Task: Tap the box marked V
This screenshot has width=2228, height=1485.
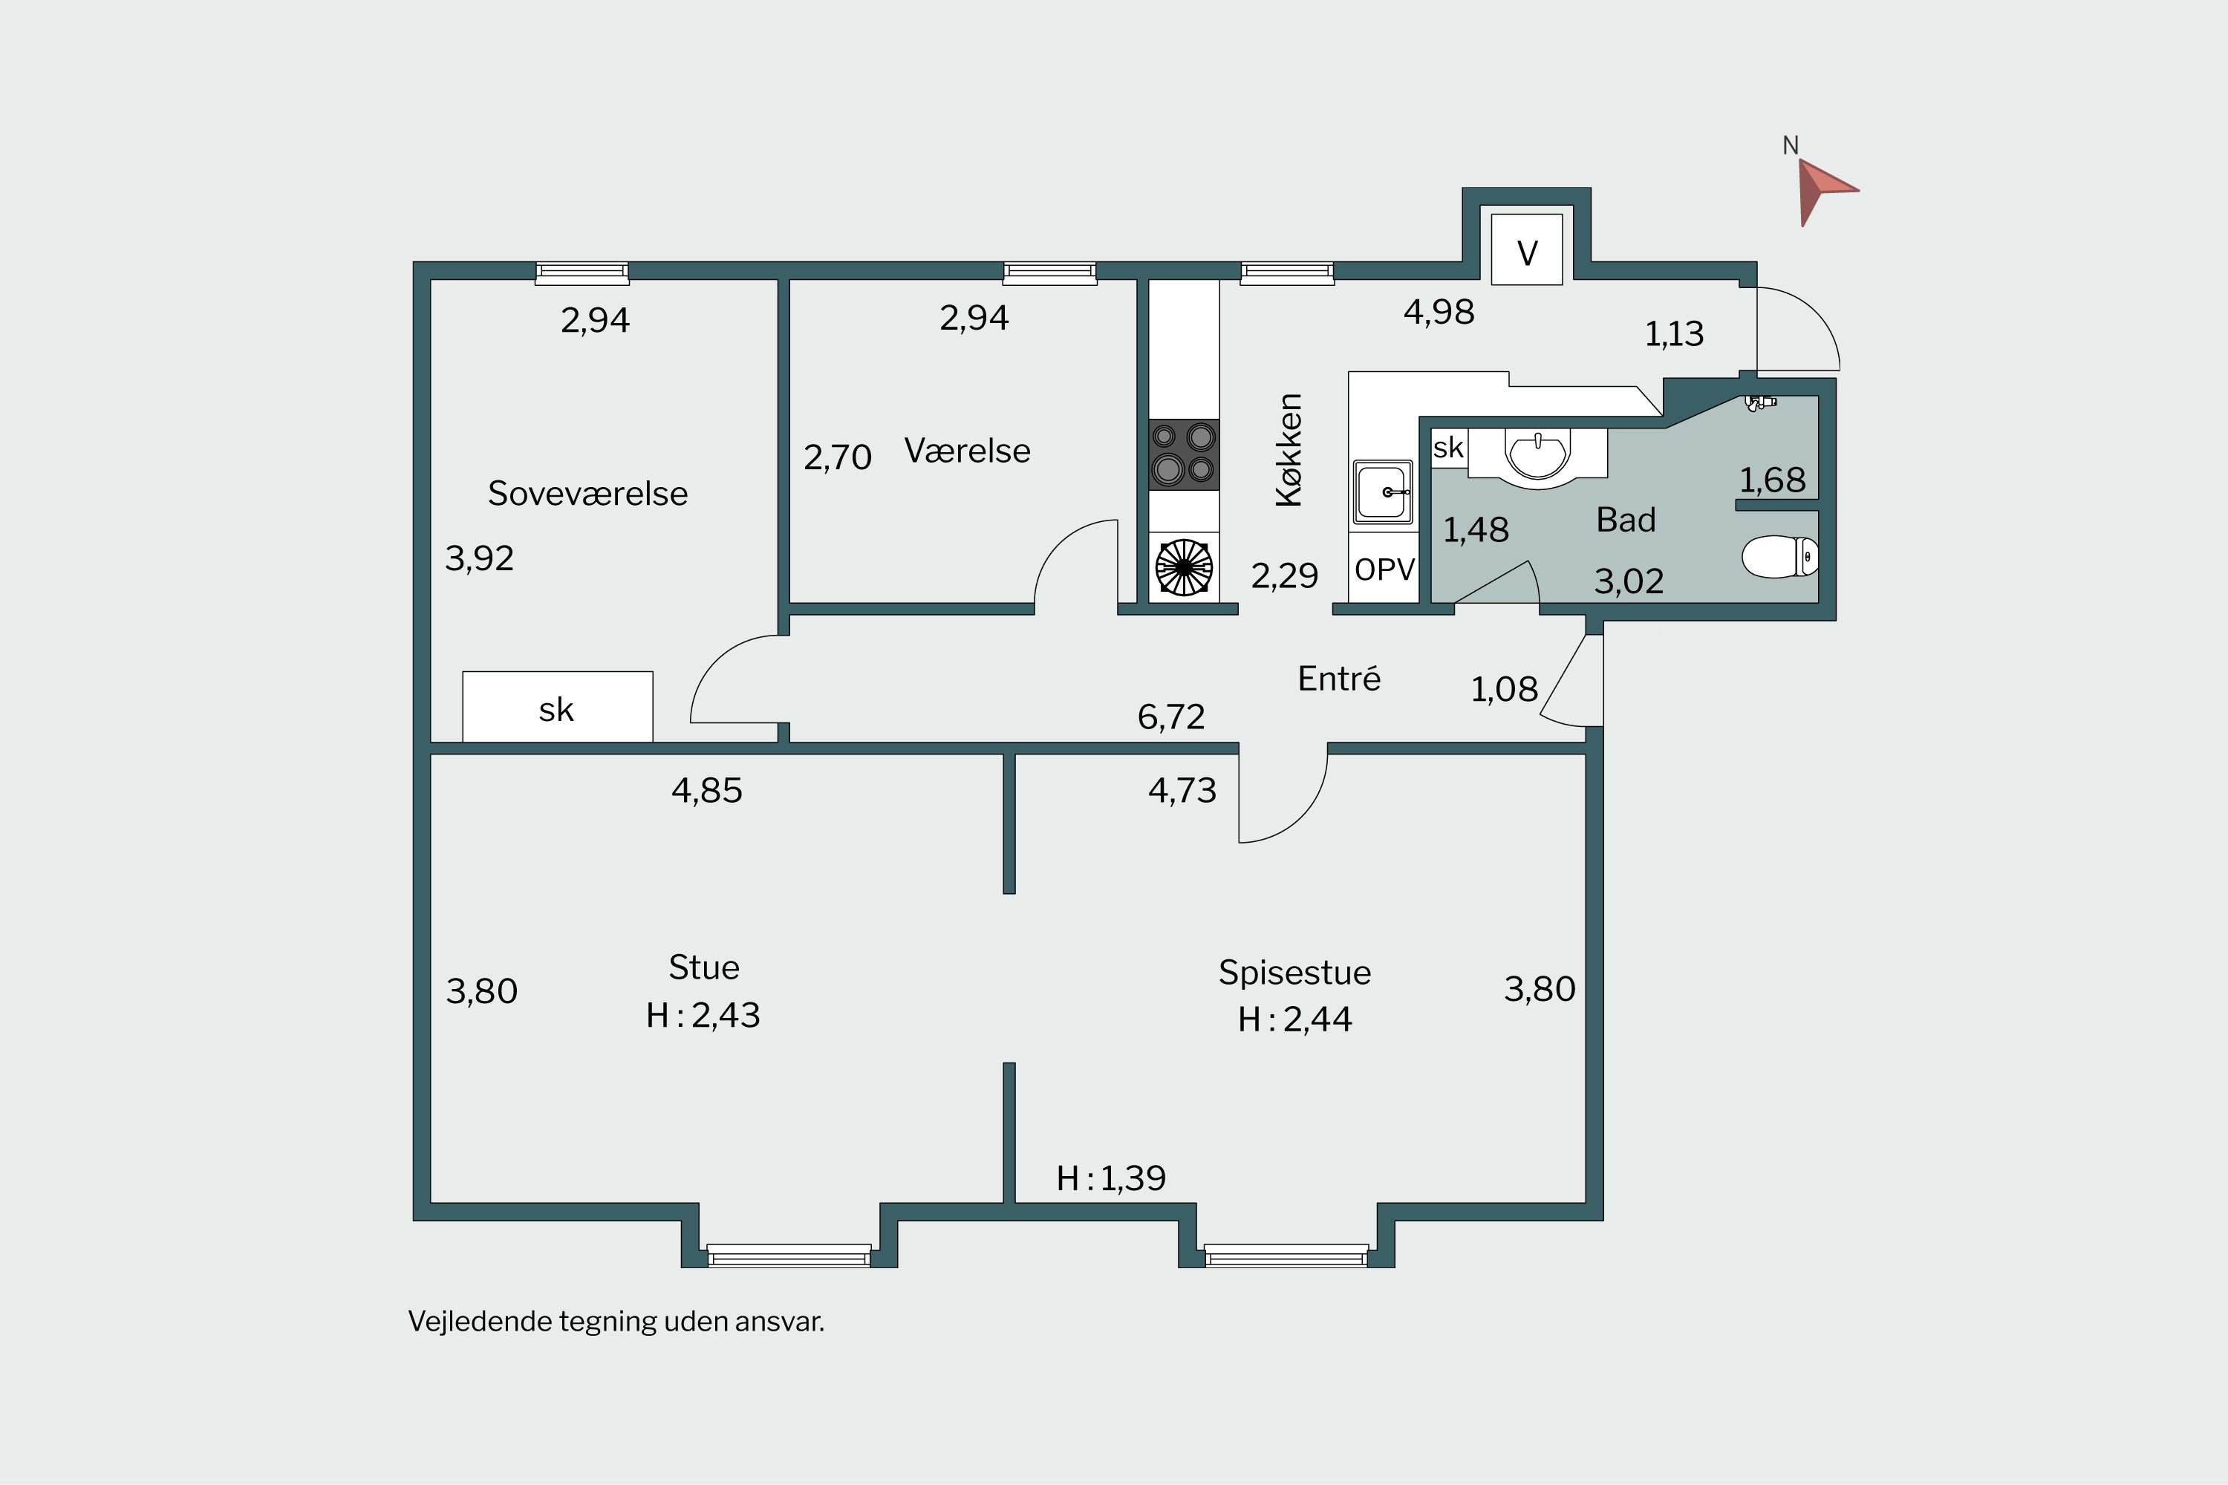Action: pyautogui.click(x=1527, y=249)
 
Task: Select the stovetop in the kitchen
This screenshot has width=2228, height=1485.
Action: pyautogui.click(x=1183, y=454)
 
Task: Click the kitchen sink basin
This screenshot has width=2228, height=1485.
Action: pyautogui.click(x=1383, y=492)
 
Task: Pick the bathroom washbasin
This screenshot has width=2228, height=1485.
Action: pyautogui.click(x=1537, y=457)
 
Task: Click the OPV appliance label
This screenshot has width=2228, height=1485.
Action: pyautogui.click(x=1384, y=569)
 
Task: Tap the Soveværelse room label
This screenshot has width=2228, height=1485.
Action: pyautogui.click(x=587, y=494)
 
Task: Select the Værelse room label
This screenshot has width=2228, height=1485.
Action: pyautogui.click(x=967, y=451)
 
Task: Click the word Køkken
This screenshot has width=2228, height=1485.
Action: pyautogui.click(x=1289, y=450)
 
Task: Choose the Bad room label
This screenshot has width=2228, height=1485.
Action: pyautogui.click(x=1626, y=520)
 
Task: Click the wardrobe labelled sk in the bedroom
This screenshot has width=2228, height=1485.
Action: pyautogui.click(x=557, y=707)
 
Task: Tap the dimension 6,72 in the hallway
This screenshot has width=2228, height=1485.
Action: pyautogui.click(x=1171, y=717)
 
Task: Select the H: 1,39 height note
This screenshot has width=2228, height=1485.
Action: pyautogui.click(x=1111, y=1178)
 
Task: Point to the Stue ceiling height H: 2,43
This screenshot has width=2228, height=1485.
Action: pyautogui.click(x=703, y=1015)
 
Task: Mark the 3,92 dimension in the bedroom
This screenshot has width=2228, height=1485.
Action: pyautogui.click(x=479, y=558)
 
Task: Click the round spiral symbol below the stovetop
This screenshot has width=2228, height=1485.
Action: pyautogui.click(x=1184, y=567)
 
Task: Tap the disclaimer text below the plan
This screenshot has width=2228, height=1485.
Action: pyautogui.click(x=616, y=1321)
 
